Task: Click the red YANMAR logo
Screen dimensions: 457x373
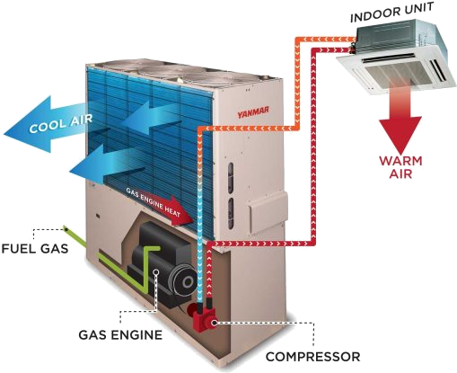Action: [x=253, y=111]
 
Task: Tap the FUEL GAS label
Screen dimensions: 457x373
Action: [x=35, y=248]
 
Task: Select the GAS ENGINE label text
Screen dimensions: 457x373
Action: [x=120, y=334]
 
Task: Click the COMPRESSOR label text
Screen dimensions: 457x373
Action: [x=313, y=357]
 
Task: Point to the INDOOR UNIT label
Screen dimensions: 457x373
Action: [x=391, y=13]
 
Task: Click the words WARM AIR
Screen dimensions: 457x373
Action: [x=400, y=167]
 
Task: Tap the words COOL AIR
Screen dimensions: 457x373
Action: [x=61, y=123]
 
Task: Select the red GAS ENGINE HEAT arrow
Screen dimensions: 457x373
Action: [x=159, y=207]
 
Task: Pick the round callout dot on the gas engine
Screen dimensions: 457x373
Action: [x=155, y=271]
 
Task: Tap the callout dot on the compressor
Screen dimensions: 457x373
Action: [x=215, y=323]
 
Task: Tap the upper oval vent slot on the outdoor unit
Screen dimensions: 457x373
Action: [x=231, y=173]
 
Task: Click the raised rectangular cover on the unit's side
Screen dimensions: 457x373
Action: [x=268, y=209]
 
